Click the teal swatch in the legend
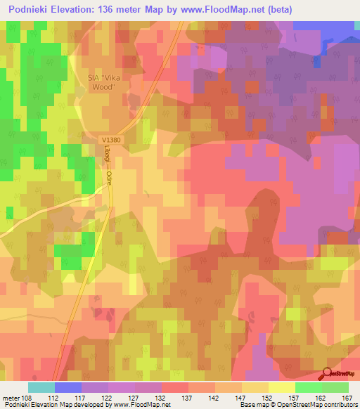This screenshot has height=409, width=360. (x=41, y=387)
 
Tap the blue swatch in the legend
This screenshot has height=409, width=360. (x=68, y=387)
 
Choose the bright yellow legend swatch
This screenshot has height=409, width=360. (x=282, y=387)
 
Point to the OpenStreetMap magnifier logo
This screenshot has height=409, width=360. (x=328, y=375)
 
